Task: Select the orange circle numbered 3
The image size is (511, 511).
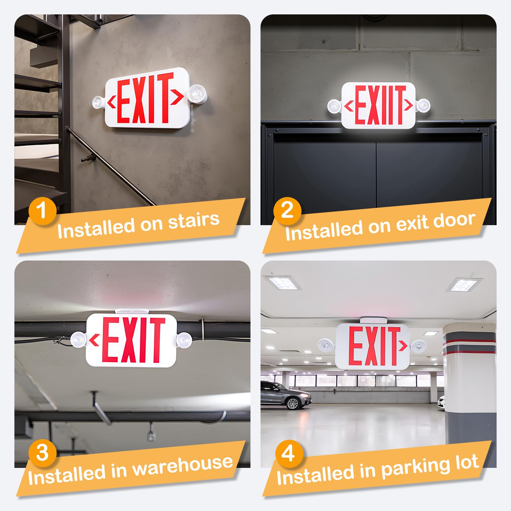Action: [42, 453]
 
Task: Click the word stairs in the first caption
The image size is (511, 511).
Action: [194, 221]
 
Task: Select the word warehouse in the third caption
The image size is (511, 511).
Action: [182, 467]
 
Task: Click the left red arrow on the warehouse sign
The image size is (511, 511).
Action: [94, 341]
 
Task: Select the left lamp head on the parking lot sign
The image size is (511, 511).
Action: [326, 346]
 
